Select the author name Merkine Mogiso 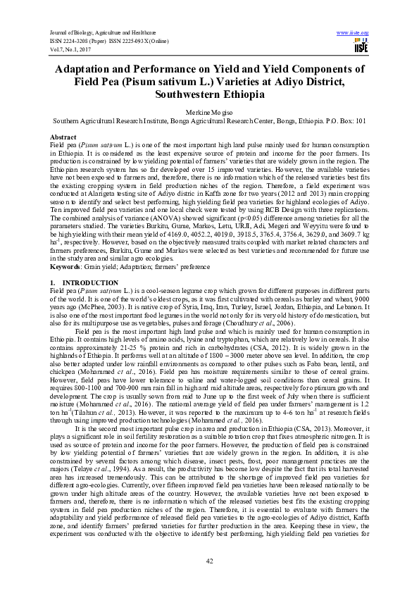[209, 112]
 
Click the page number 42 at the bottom [209, 560]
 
